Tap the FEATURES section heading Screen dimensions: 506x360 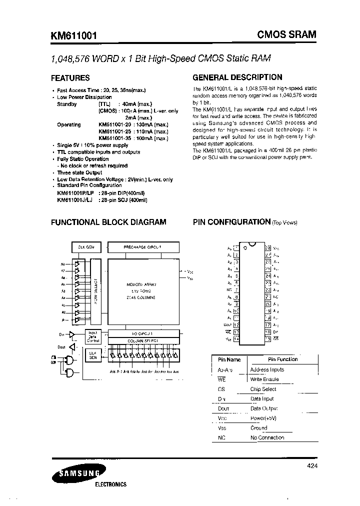pos(70,78)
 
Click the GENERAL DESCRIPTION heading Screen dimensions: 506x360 pos(237,77)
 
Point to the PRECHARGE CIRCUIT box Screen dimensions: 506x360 pos(142,247)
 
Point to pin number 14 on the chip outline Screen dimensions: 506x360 pos(236,338)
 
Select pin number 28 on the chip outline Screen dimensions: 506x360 pos(268,247)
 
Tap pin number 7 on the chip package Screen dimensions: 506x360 pos(236,289)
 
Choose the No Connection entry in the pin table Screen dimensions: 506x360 pos(267,437)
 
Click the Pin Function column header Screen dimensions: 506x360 pos(282,359)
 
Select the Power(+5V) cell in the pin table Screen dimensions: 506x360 pos(263,418)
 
